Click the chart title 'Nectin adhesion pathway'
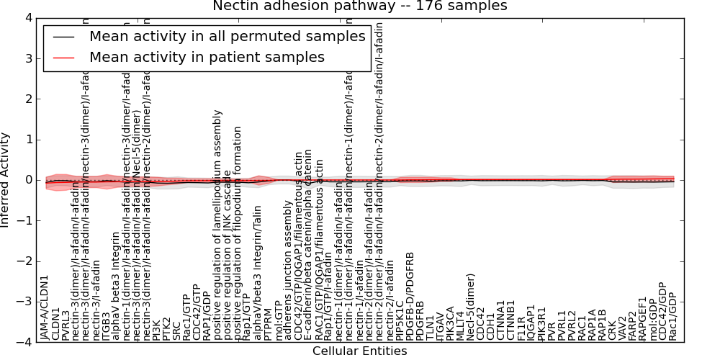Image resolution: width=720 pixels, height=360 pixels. point(359,6)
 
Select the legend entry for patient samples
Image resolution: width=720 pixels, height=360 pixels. point(207,57)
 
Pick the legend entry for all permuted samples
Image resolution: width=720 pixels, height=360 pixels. point(227,37)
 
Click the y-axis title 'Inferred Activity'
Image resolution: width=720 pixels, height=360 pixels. point(6,180)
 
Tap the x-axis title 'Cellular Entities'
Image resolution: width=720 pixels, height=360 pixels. point(359,351)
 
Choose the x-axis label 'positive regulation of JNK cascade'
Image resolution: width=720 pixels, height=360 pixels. point(228,255)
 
